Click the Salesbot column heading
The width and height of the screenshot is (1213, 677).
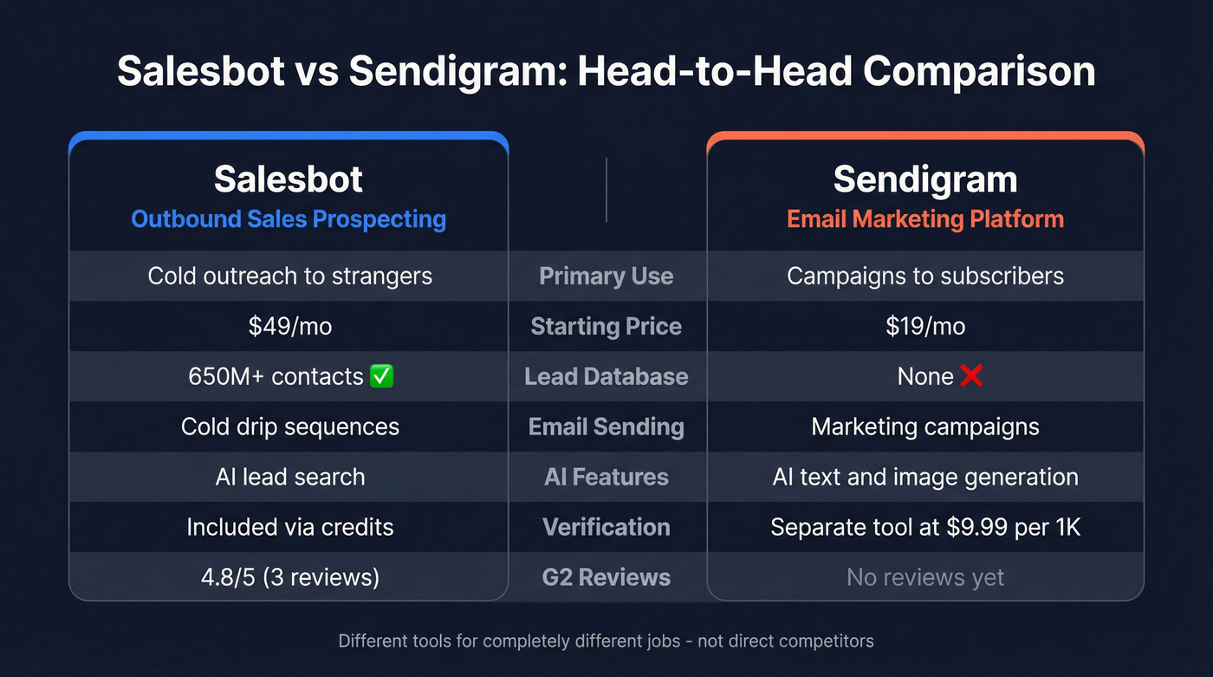pyautogui.click(x=289, y=179)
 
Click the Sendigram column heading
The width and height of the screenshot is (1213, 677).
pyautogui.click(x=925, y=179)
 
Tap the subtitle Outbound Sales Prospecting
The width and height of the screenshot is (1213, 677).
pyautogui.click(x=289, y=218)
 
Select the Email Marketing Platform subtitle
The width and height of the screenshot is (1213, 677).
pyautogui.click(x=925, y=218)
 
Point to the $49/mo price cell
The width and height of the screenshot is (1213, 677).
pyautogui.click(x=290, y=326)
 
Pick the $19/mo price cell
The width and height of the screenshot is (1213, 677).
pyautogui.click(x=925, y=326)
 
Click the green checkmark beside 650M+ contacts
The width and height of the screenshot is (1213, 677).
pyautogui.click(x=381, y=376)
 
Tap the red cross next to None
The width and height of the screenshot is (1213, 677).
pyautogui.click(x=971, y=376)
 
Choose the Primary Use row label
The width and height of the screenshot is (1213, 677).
pyautogui.click(x=606, y=276)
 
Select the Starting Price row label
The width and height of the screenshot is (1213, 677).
pyautogui.click(x=606, y=326)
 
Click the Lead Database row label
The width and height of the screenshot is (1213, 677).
pyautogui.click(x=606, y=376)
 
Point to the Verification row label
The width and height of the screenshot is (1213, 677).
pyautogui.click(x=606, y=527)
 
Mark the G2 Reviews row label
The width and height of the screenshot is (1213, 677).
pyautogui.click(x=606, y=577)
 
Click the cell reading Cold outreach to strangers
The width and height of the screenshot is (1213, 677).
pyautogui.click(x=290, y=276)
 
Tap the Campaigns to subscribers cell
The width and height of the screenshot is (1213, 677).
pyautogui.click(x=925, y=276)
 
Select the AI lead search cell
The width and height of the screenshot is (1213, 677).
pyautogui.click(x=290, y=477)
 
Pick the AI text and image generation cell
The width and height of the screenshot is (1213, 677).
pyautogui.click(x=925, y=477)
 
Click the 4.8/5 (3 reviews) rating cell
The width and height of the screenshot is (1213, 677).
pyautogui.click(x=290, y=577)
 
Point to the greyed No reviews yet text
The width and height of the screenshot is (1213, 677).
pyautogui.click(x=925, y=577)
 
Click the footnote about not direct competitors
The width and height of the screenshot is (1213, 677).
pyautogui.click(x=606, y=641)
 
